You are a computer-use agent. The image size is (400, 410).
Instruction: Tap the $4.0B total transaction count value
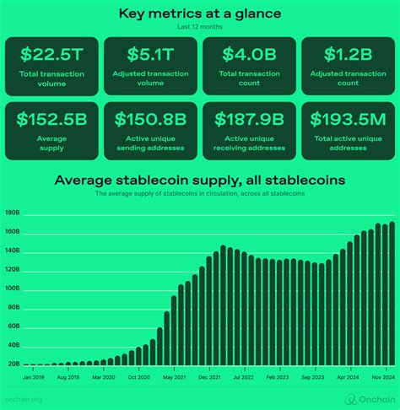pyautogui.click(x=249, y=54)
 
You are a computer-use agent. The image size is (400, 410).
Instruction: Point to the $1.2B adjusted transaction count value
pyautogui.click(x=348, y=54)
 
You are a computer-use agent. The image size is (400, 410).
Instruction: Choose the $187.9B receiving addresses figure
pyautogui.click(x=249, y=119)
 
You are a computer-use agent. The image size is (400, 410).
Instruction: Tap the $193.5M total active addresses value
pyautogui.click(x=348, y=119)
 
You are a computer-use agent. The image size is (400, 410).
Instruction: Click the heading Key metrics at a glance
pyautogui.click(x=199, y=13)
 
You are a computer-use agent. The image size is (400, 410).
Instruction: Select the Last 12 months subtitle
pyautogui.click(x=199, y=27)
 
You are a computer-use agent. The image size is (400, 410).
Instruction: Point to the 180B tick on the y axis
pyautogui.click(x=13, y=213)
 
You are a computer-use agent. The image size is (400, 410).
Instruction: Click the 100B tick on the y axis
pyautogui.click(x=13, y=289)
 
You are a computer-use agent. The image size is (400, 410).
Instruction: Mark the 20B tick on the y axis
pyautogui.click(x=13, y=364)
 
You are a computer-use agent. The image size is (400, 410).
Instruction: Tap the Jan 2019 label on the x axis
pyautogui.click(x=34, y=377)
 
